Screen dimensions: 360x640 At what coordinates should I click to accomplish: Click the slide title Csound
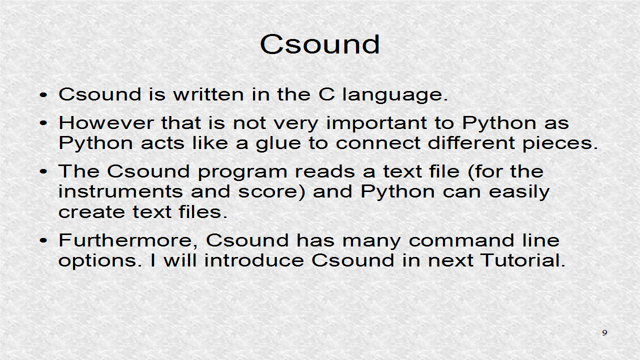320,44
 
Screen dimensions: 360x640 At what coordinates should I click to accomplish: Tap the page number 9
604,333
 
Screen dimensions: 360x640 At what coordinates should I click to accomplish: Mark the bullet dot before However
44,123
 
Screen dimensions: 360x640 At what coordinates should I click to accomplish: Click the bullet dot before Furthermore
44,241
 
